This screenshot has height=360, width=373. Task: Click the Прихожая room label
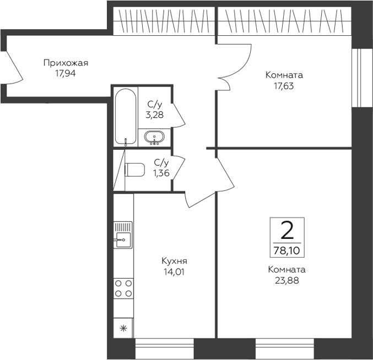[x=66, y=63]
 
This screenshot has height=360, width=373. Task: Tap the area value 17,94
[x=66, y=73]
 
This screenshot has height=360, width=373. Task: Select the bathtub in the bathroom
[x=126, y=117]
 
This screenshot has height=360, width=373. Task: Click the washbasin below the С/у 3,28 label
[x=154, y=138]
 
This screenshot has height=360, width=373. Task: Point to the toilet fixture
[x=134, y=170]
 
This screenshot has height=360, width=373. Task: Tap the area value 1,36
[x=161, y=173]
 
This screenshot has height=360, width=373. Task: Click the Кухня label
[x=174, y=261]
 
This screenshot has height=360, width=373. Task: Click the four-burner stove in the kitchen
[x=123, y=288]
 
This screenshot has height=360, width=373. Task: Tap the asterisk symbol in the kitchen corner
[x=123, y=329]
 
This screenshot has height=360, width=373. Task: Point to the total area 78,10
[x=287, y=250]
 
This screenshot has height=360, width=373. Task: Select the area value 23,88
[x=287, y=281]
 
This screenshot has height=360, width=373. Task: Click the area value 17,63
[x=284, y=86]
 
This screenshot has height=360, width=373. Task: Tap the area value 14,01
[x=174, y=271]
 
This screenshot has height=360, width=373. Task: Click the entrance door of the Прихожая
[x=14, y=67]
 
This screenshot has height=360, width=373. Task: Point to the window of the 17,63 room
[x=361, y=78]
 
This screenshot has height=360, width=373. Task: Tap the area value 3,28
[x=155, y=115]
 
